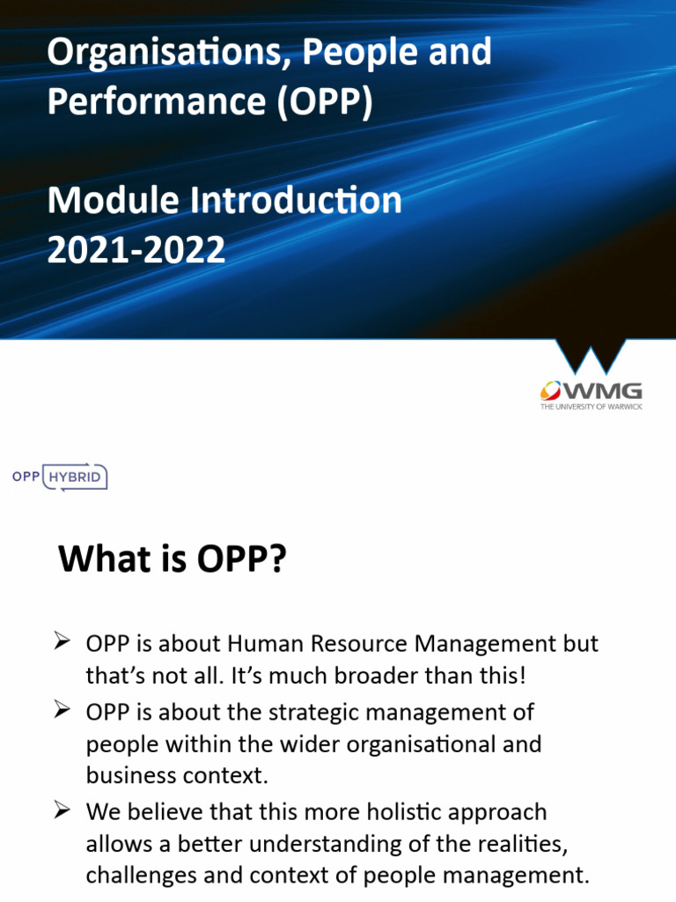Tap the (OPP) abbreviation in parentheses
(323, 101)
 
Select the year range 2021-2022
(136, 250)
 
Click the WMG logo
(591, 390)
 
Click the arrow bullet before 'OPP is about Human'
(62, 642)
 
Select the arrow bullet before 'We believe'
(62, 810)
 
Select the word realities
(518, 845)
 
